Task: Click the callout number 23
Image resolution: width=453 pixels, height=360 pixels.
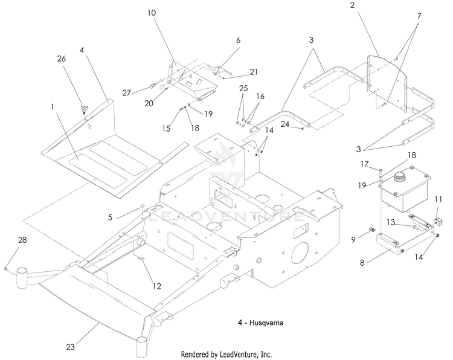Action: coord(71,347)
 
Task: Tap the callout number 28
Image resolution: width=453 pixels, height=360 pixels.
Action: coord(22,240)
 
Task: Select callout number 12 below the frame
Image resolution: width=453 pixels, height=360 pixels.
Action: coord(156,286)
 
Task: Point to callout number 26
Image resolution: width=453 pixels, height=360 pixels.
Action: coord(61,59)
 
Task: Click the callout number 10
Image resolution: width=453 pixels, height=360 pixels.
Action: coord(152,13)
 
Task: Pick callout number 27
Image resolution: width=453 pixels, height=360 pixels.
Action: coord(127,93)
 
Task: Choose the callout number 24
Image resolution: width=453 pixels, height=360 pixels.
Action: coord(285,124)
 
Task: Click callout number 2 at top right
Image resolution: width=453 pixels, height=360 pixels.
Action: coord(352,5)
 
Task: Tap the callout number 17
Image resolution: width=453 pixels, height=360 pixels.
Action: coord(364,164)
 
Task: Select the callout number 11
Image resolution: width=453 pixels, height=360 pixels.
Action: coord(439,199)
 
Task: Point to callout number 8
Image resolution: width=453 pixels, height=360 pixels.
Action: coord(362,263)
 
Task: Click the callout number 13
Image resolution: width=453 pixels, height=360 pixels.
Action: coord(391,222)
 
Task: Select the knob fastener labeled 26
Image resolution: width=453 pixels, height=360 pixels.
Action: coord(84,109)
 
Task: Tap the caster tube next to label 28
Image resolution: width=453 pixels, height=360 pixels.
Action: coord(21,277)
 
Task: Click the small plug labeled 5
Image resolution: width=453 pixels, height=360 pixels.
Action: coord(143,205)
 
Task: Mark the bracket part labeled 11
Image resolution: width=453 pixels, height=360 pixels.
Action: coord(439,222)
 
